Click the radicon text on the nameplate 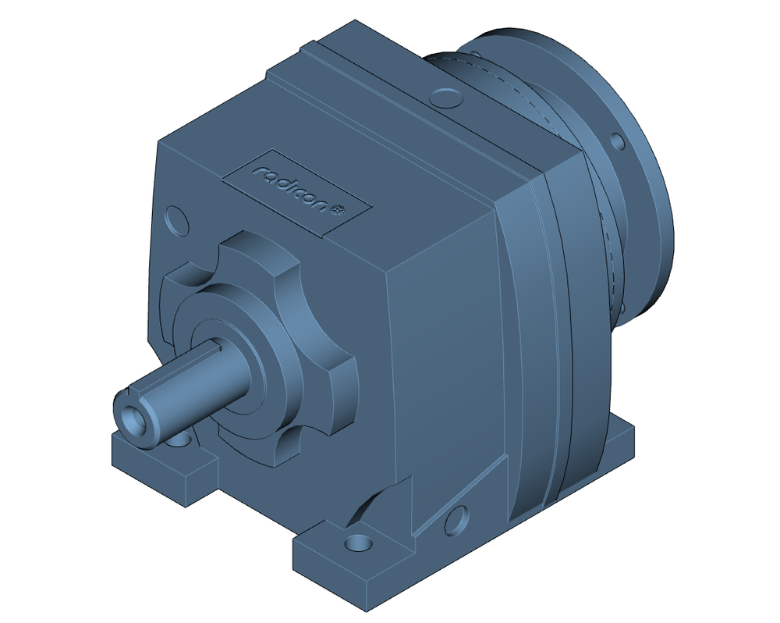(x=292, y=188)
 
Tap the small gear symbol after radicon (x=340, y=208)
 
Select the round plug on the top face (x=445, y=98)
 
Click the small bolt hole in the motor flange (x=618, y=144)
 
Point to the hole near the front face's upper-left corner (x=176, y=219)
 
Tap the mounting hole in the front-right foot (x=358, y=541)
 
